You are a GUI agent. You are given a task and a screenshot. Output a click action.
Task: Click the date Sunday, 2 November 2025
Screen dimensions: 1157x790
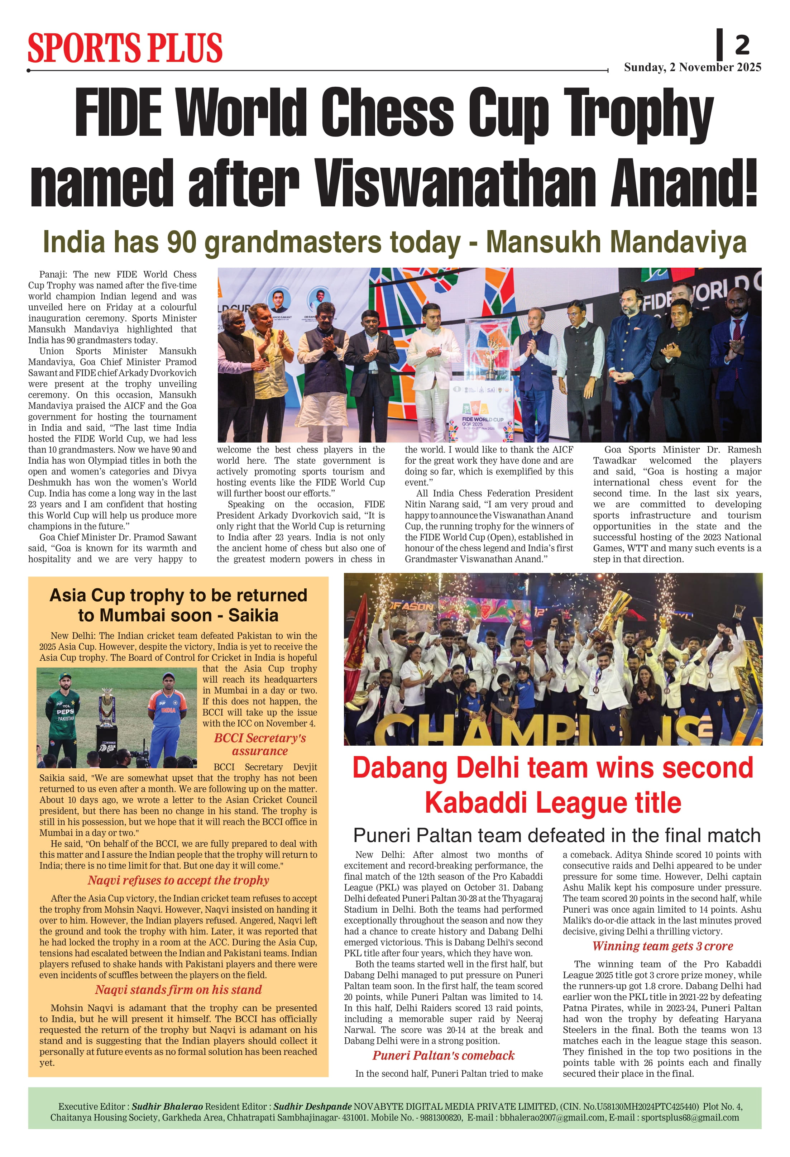coord(693,67)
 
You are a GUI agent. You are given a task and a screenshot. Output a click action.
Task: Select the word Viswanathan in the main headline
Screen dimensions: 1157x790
coord(454,183)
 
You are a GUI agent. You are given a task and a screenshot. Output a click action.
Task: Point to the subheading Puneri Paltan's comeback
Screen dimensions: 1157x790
coord(444,1056)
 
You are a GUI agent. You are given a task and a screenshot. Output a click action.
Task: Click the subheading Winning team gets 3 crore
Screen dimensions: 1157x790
coord(662,946)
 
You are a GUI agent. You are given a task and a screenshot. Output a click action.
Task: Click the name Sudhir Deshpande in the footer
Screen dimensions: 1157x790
coord(313,1106)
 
